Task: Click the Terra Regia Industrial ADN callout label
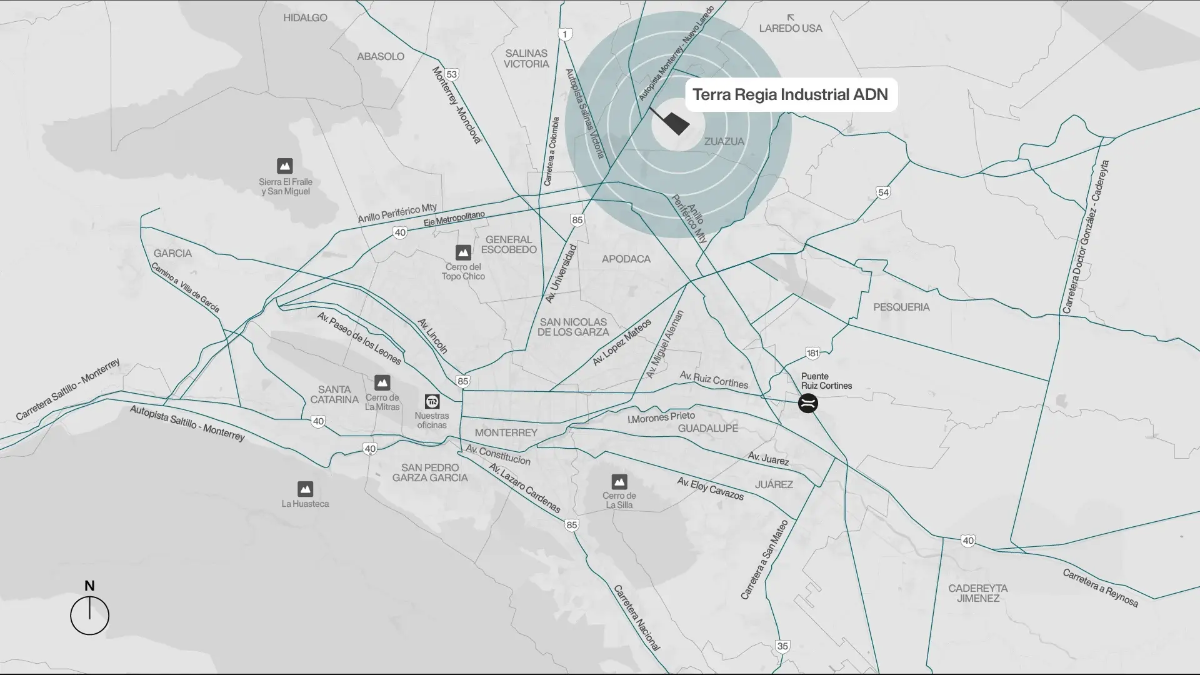(791, 95)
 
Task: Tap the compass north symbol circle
(89, 616)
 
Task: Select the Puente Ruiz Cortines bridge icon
(808, 403)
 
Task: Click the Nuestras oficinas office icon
(432, 401)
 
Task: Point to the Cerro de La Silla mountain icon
(619, 481)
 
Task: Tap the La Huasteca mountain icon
(305, 488)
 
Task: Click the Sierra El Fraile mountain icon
(285, 166)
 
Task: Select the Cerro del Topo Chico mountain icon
(463, 252)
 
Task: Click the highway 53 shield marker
(452, 74)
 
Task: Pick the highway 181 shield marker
(812, 353)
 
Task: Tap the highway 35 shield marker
(782, 646)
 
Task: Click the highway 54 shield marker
(883, 192)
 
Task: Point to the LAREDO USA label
(791, 28)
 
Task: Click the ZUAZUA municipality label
(724, 142)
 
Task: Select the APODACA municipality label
(626, 259)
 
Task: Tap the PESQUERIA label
(901, 307)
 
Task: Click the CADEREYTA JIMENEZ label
(977, 593)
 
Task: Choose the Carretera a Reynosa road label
(1101, 588)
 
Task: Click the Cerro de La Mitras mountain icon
(382, 382)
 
